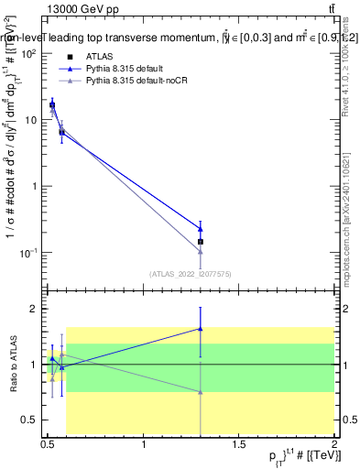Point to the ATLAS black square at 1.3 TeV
click(200, 242)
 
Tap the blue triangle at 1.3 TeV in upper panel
click(200, 229)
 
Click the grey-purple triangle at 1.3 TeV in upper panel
click(200, 251)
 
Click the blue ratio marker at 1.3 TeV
click(200, 329)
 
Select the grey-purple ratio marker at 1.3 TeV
click(200, 392)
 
